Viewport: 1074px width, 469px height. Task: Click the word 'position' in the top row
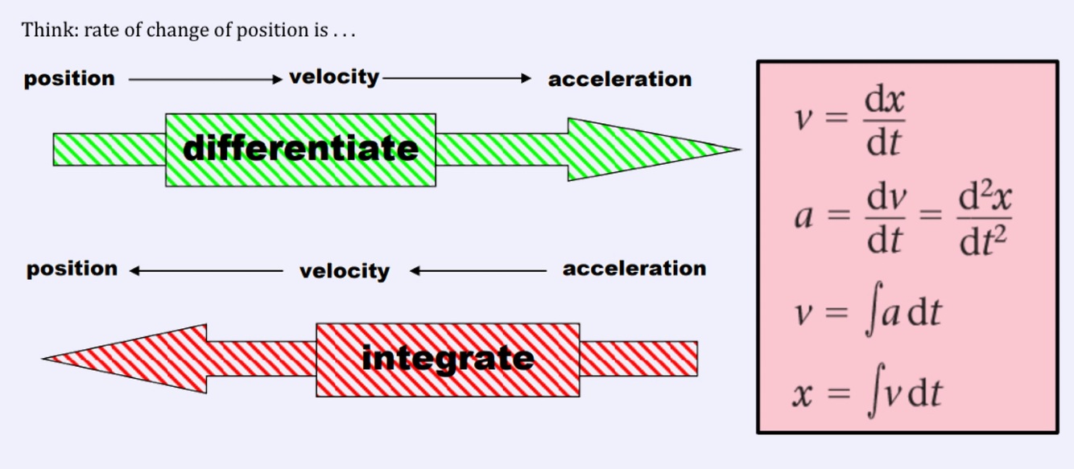pyautogui.click(x=69, y=79)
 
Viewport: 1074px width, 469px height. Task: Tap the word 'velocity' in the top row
pyautogui.click(x=333, y=77)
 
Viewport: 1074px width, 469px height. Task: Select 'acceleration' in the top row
pyautogui.click(x=619, y=80)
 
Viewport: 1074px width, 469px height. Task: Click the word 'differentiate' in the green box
pyautogui.click(x=300, y=149)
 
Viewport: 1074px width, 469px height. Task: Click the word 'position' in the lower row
pyautogui.click(x=72, y=269)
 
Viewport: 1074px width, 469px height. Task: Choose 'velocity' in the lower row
pyautogui.click(x=344, y=271)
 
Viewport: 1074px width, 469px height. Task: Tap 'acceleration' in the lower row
pyautogui.click(x=634, y=269)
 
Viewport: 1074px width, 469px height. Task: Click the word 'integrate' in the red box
pyautogui.click(x=448, y=358)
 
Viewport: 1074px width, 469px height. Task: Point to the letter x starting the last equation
pyautogui.click(x=803, y=395)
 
